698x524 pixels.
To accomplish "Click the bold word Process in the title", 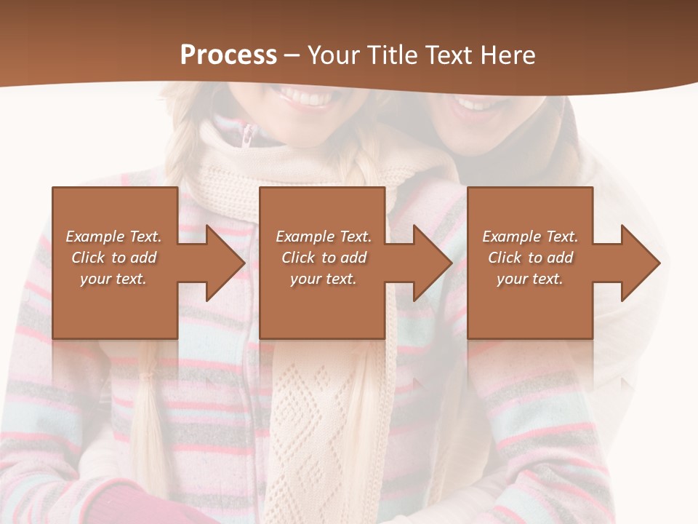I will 228,55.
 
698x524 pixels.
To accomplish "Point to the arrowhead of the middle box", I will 432,263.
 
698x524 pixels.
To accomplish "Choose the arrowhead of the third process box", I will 640,263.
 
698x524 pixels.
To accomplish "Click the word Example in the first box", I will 95,237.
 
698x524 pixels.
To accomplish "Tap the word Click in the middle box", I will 297,258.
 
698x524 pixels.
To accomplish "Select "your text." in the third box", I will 529,279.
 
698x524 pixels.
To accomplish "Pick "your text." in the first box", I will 113,279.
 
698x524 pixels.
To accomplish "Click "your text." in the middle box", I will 323,279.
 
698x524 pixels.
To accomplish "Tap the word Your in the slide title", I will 335,55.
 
